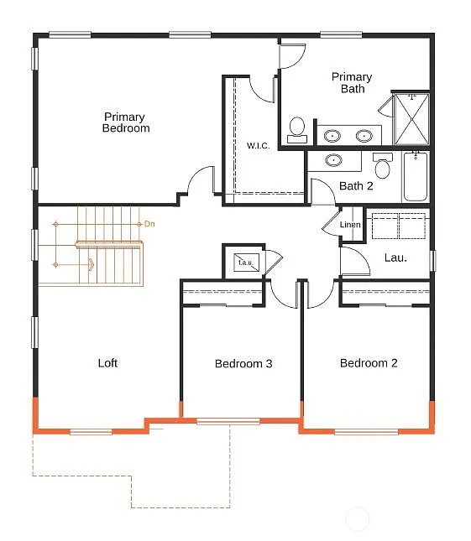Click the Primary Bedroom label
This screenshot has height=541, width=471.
(x=126, y=122)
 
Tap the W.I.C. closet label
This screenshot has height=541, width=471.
(x=258, y=146)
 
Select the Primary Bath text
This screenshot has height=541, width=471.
(x=352, y=82)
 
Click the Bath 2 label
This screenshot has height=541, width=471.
(x=356, y=185)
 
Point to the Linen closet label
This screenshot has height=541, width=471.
(x=350, y=225)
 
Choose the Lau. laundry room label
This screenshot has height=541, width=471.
(x=395, y=257)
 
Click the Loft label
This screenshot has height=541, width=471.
(x=107, y=363)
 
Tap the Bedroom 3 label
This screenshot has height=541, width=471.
(x=243, y=363)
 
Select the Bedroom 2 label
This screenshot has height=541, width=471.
(x=369, y=363)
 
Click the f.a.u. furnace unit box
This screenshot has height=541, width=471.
(x=246, y=262)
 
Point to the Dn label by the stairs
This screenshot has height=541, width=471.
(x=150, y=224)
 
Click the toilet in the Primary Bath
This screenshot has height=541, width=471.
(x=296, y=128)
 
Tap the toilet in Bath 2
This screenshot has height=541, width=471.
(x=383, y=167)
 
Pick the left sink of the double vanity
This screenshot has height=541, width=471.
(x=333, y=135)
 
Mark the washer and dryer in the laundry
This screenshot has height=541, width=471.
(x=398, y=226)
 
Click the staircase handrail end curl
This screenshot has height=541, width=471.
(x=90, y=265)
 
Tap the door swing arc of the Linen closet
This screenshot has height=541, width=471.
(x=329, y=226)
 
